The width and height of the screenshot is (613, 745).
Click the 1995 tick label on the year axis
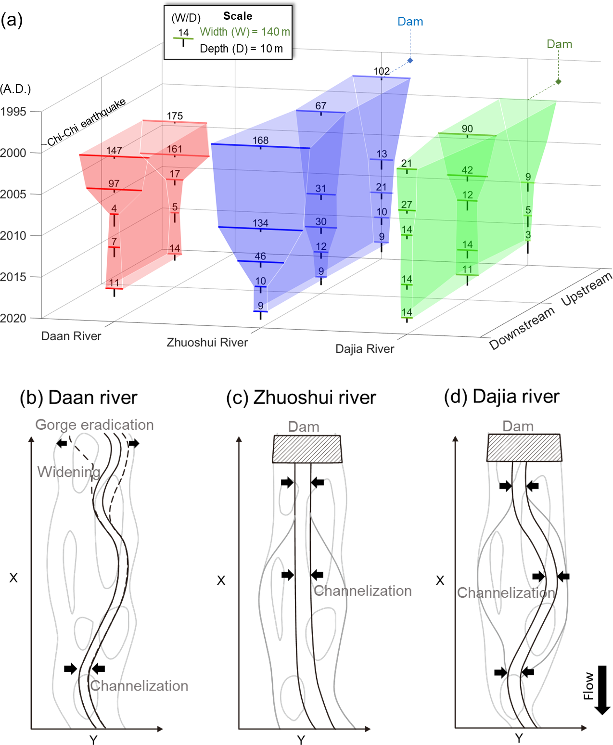[x=13, y=112]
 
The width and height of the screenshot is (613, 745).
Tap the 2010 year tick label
[x=13, y=235]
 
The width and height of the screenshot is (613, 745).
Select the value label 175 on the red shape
[x=175, y=116]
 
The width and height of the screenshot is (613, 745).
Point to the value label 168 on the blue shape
[x=260, y=141]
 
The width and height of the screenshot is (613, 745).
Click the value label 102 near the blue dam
[x=382, y=71]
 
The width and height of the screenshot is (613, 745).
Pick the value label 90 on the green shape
[x=467, y=129]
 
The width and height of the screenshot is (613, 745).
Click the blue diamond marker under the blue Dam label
[x=410, y=60]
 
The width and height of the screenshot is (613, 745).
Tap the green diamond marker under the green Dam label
[x=558, y=82]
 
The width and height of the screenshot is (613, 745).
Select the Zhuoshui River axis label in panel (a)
[x=207, y=342]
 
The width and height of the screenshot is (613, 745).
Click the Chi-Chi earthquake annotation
[x=87, y=122]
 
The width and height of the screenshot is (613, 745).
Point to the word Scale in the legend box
[x=238, y=16]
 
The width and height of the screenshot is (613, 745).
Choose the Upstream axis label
[x=587, y=288]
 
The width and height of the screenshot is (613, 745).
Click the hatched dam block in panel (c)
[x=307, y=449]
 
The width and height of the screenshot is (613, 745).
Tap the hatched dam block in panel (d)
[x=524, y=448]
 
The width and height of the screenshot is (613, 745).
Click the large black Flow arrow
[x=602, y=690]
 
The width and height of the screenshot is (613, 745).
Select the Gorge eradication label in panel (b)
[x=94, y=424]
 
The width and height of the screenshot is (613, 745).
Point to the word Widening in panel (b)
[x=69, y=472]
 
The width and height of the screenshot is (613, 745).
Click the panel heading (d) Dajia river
[x=501, y=397]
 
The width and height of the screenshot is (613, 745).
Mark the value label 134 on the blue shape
[x=260, y=223]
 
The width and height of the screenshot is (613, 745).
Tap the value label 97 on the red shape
[x=114, y=184]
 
